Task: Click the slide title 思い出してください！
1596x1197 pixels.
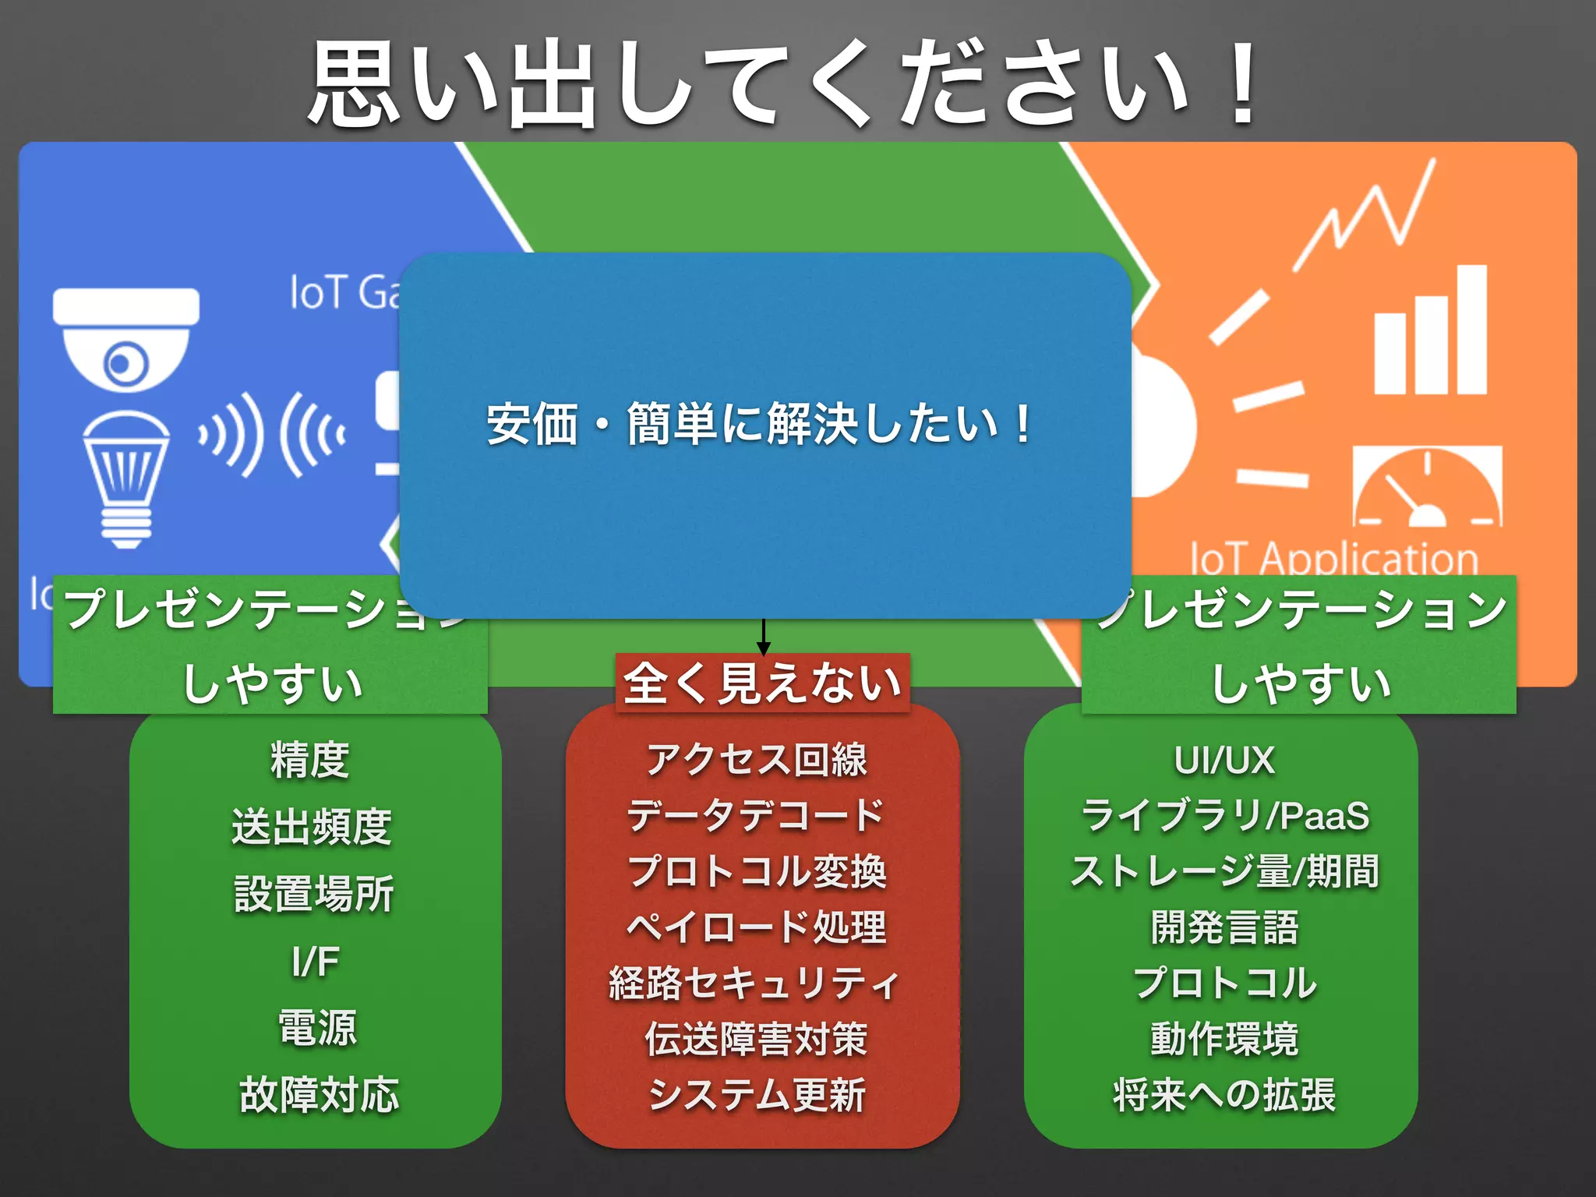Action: (x=783, y=84)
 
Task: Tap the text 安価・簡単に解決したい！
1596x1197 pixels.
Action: (x=760, y=425)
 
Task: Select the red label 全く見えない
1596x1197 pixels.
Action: (x=762, y=683)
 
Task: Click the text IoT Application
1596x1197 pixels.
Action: (x=1333, y=558)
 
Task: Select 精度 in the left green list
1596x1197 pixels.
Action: (x=310, y=760)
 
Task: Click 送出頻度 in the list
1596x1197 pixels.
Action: (x=312, y=827)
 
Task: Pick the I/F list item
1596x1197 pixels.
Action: (x=315, y=961)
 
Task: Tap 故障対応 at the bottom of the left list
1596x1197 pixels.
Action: (x=319, y=1095)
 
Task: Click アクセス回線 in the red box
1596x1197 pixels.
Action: (x=757, y=760)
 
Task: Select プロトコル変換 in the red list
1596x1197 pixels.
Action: (x=757, y=871)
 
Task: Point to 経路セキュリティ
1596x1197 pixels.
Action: (x=754, y=983)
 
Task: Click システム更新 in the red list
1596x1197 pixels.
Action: (x=757, y=1095)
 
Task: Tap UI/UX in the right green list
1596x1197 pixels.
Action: (x=1224, y=760)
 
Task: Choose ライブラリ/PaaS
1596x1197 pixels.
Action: (x=1224, y=816)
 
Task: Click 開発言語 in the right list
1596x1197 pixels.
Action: (x=1224, y=927)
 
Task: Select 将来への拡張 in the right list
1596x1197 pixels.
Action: (x=1224, y=1095)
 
